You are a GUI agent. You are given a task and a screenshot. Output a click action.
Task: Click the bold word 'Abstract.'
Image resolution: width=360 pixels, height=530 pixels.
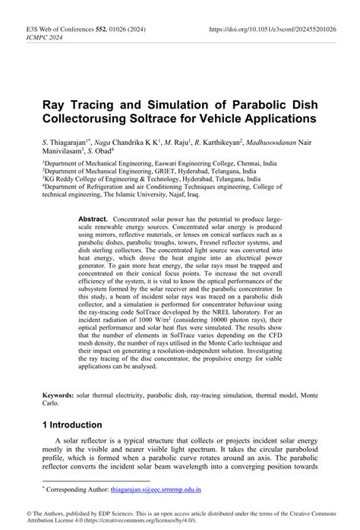93,219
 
